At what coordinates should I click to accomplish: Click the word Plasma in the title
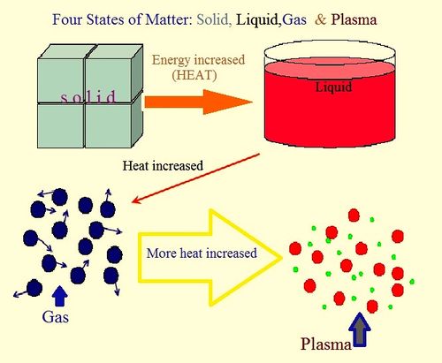(x=354, y=19)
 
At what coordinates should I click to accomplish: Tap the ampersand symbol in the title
(x=321, y=19)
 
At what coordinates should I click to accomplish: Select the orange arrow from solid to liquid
(x=198, y=102)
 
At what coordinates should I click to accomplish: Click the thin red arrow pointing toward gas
(x=195, y=178)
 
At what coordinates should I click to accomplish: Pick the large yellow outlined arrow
(x=210, y=258)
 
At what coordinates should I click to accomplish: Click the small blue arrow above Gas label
(x=60, y=296)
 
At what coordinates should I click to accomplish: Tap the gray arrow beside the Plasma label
(x=360, y=329)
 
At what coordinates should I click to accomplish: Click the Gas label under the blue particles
(x=56, y=317)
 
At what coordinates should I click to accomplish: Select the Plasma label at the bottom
(x=326, y=344)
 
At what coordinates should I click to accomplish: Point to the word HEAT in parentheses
(x=194, y=75)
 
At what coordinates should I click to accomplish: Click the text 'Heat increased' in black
(x=163, y=166)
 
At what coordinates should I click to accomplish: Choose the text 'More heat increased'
(x=202, y=253)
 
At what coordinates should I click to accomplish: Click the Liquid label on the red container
(x=333, y=87)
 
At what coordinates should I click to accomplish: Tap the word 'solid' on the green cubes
(x=88, y=97)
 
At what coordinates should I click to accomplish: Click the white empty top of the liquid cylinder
(x=330, y=50)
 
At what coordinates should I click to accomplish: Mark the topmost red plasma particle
(x=354, y=216)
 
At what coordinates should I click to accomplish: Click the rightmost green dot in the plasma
(x=412, y=282)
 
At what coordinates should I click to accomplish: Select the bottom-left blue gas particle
(x=34, y=288)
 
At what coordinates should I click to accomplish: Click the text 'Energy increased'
(x=198, y=60)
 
